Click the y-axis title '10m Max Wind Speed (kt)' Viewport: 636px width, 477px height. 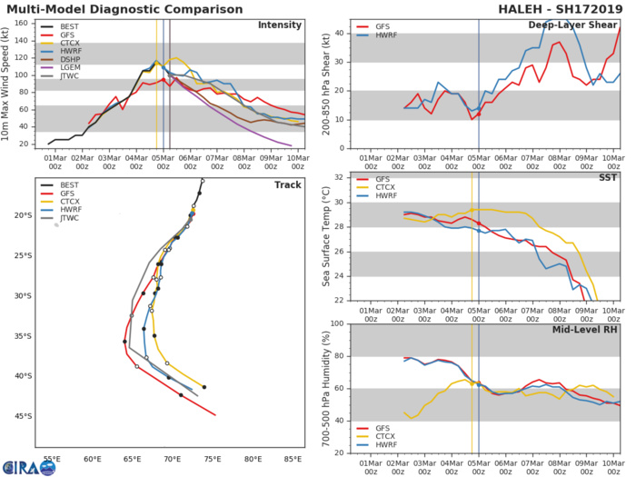(7, 84)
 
